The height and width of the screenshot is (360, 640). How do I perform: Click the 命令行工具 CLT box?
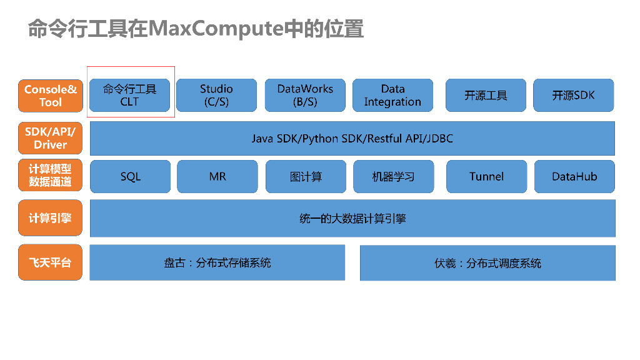coord(130,95)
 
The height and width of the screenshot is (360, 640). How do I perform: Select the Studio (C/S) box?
coord(216,95)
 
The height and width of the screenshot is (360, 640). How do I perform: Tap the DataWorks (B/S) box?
coord(305,95)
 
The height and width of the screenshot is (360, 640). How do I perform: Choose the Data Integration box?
coord(392,95)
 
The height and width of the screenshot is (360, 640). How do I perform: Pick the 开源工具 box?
coord(486,95)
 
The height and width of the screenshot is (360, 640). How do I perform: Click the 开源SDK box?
coord(573,95)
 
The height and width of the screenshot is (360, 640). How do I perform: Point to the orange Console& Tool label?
coord(50,96)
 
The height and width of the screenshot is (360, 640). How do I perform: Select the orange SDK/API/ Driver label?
coord(50,138)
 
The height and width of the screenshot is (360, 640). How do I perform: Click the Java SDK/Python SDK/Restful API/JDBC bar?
coord(352,138)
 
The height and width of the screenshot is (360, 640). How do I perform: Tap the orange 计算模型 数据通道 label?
coord(50,176)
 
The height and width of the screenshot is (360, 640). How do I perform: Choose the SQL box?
coord(130,176)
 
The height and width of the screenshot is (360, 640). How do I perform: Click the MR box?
coord(217,176)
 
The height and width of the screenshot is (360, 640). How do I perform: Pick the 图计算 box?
coord(306,176)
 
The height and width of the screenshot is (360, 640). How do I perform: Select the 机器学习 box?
coord(392,176)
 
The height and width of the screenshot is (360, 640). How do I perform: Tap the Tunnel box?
coord(486,176)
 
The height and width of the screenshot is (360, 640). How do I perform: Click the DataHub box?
coord(574,176)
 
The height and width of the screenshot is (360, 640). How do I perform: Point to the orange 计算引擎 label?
coord(50,218)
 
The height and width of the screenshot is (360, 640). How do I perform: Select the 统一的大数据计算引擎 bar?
coord(352,218)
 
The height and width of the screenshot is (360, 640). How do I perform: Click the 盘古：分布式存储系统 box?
coord(217,262)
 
